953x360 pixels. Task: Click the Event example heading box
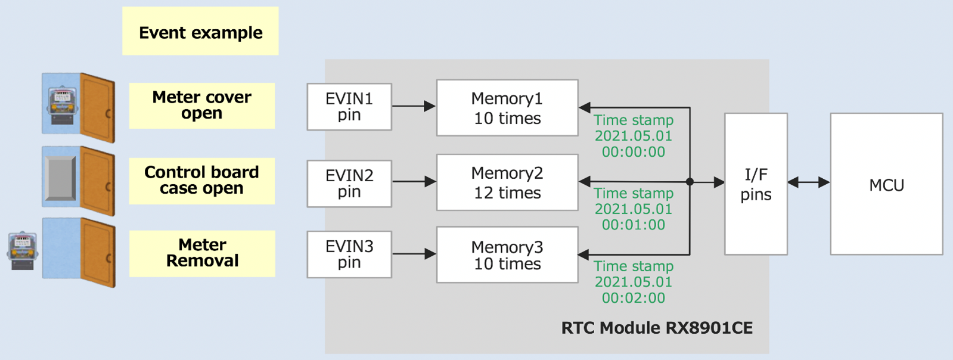click(200, 32)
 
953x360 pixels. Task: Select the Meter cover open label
click(201, 105)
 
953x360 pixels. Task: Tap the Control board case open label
click(201, 181)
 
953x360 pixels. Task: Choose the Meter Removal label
click(202, 253)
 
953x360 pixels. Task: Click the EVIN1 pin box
click(349, 107)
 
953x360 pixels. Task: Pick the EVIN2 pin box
click(349, 184)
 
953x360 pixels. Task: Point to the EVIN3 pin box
click(349, 255)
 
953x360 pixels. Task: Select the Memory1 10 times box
click(507, 108)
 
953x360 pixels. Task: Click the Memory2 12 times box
click(507, 182)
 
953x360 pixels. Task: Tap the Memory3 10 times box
click(507, 255)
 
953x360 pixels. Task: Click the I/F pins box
click(756, 184)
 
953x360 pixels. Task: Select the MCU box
click(886, 184)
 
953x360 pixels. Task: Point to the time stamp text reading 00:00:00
click(633, 152)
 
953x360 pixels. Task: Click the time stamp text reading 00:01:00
click(633, 225)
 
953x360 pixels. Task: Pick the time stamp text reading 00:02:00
click(633, 298)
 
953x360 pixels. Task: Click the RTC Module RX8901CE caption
click(657, 328)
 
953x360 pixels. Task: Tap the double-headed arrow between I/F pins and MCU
click(808, 182)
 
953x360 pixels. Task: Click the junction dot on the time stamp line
click(690, 182)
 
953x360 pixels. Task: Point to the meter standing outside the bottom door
click(23, 251)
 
